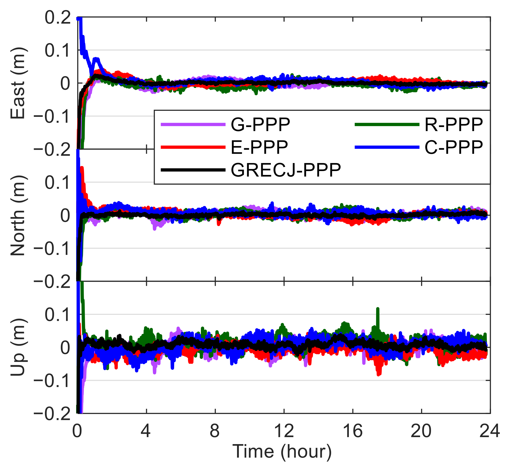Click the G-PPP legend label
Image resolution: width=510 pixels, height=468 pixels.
(x=260, y=125)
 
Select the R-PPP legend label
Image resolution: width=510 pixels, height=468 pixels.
(x=454, y=125)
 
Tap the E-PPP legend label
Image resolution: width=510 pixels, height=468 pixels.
(x=259, y=147)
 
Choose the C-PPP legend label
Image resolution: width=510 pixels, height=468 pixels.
(x=454, y=147)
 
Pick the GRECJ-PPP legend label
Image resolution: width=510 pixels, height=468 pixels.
(x=286, y=170)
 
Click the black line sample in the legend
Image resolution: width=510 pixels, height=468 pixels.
(x=193, y=170)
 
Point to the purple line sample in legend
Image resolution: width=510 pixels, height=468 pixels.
(x=193, y=125)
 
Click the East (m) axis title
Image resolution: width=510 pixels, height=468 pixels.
(x=18, y=83)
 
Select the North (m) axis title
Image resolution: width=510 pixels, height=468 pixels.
(x=18, y=215)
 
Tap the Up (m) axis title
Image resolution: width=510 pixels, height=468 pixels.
(x=18, y=347)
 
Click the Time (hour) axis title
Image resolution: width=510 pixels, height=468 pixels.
(x=282, y=451)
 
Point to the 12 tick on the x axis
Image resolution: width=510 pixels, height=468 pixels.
(x=284, y=431)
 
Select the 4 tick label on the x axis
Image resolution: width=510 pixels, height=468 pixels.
(x=146, y=431)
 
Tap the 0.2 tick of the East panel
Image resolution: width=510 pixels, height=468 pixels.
(x=57, y=18)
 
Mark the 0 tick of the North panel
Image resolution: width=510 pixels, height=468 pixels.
(x=65, y=215)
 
